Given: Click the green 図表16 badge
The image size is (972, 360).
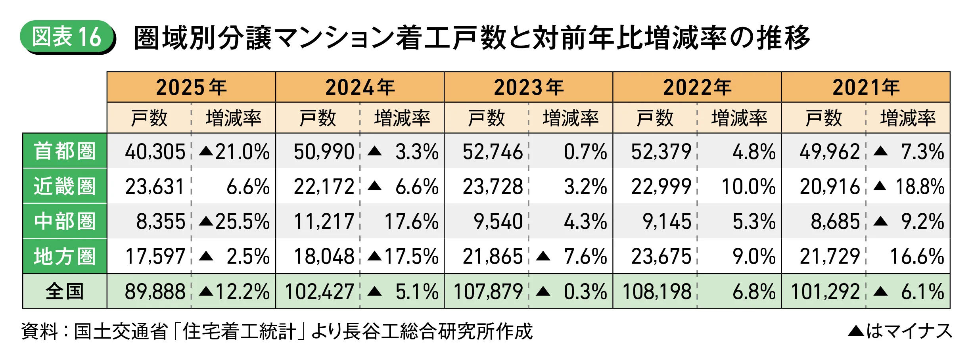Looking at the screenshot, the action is tap(67, 37).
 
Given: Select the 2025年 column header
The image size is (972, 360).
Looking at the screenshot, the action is tap(191, 87).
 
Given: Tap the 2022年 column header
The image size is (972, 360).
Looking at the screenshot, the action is tap(697, 87).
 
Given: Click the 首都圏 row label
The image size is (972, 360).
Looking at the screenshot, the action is tap(65, 151).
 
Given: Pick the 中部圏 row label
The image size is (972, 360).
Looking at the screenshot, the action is tap(65, 221).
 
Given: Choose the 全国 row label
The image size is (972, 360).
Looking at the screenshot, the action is tap(65, 291).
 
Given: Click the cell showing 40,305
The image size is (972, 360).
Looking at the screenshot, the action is tap(155, 152).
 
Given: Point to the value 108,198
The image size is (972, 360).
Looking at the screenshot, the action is tap(657, 292).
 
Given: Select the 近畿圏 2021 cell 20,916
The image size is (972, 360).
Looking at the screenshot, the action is tap(830, 187).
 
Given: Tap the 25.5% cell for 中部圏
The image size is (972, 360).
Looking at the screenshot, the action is tap(234, 222).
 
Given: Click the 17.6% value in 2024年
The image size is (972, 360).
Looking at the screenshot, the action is tap(411, 222).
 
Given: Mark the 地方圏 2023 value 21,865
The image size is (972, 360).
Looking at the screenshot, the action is tap(493, 257).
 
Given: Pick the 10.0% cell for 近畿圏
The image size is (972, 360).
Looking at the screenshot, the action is tap(748, 187).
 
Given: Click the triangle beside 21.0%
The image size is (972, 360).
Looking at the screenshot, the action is tap(206, 151).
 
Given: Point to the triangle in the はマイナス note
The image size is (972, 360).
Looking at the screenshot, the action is tap(856, 331).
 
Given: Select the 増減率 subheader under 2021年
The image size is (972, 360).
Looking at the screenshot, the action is tap(908, 118).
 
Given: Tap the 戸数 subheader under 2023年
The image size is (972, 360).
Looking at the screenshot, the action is tap(486, 118).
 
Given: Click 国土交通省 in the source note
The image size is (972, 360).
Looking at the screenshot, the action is tap(121, 331).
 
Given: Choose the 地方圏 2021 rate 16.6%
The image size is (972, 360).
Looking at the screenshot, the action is tap(917, 257).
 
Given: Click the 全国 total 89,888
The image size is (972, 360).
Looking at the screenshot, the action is tap(155, 292).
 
